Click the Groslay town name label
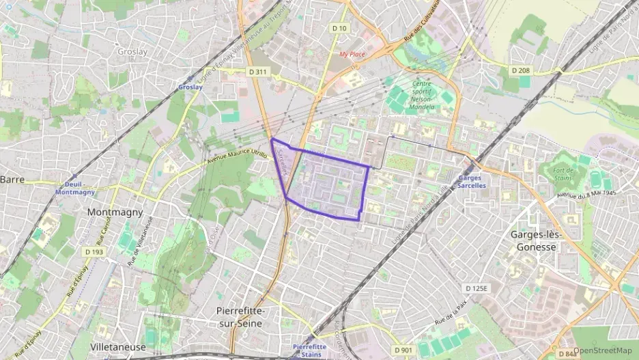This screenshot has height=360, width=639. click(x=132, y=51)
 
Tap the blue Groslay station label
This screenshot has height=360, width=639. click(x=190, y=87)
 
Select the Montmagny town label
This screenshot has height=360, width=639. click(x=115, y=212)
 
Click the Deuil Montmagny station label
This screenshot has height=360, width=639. click(x=75, y=189)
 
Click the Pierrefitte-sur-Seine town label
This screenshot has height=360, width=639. click(x=240, y=316)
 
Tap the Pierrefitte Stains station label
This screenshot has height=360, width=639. click(x=307, y=350)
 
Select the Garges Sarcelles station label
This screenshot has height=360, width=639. click(x=472, y=182)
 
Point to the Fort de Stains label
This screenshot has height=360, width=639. click(x=563, y=174)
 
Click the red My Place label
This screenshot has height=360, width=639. click(x=352, y=54)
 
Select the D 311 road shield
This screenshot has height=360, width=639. click(x=257, y=70)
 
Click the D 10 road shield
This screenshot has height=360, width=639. click(x=339, y=28)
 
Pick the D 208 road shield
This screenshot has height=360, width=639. click(x=520, y=70)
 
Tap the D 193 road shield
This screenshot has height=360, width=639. click(x=94, y=252)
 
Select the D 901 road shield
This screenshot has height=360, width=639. click(x=403, y=350)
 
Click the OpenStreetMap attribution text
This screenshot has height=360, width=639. click(x=602, y=350)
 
